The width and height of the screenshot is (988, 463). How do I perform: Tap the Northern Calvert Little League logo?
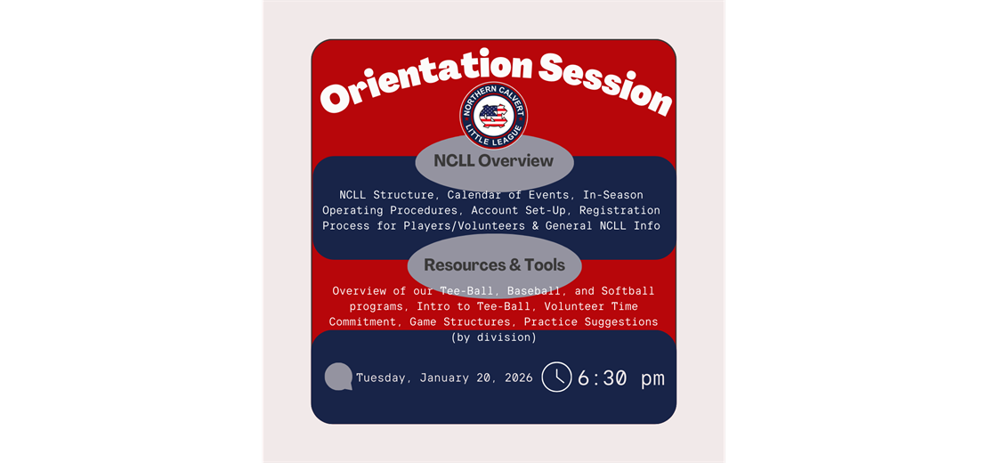pos(493,116)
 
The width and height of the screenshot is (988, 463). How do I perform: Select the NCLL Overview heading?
pos(493,161)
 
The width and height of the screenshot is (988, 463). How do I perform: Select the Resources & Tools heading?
pos(494,264)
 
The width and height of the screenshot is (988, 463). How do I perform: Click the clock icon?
pos(556,378)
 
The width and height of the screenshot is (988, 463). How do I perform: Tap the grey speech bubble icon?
pos(338,378)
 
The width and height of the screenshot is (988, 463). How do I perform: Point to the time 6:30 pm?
pos(620,378)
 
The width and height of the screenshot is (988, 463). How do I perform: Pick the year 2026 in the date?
pos(514,378)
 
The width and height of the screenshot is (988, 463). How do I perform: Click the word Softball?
pos(628,291)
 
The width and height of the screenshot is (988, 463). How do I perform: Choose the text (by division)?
pos(493,337)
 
